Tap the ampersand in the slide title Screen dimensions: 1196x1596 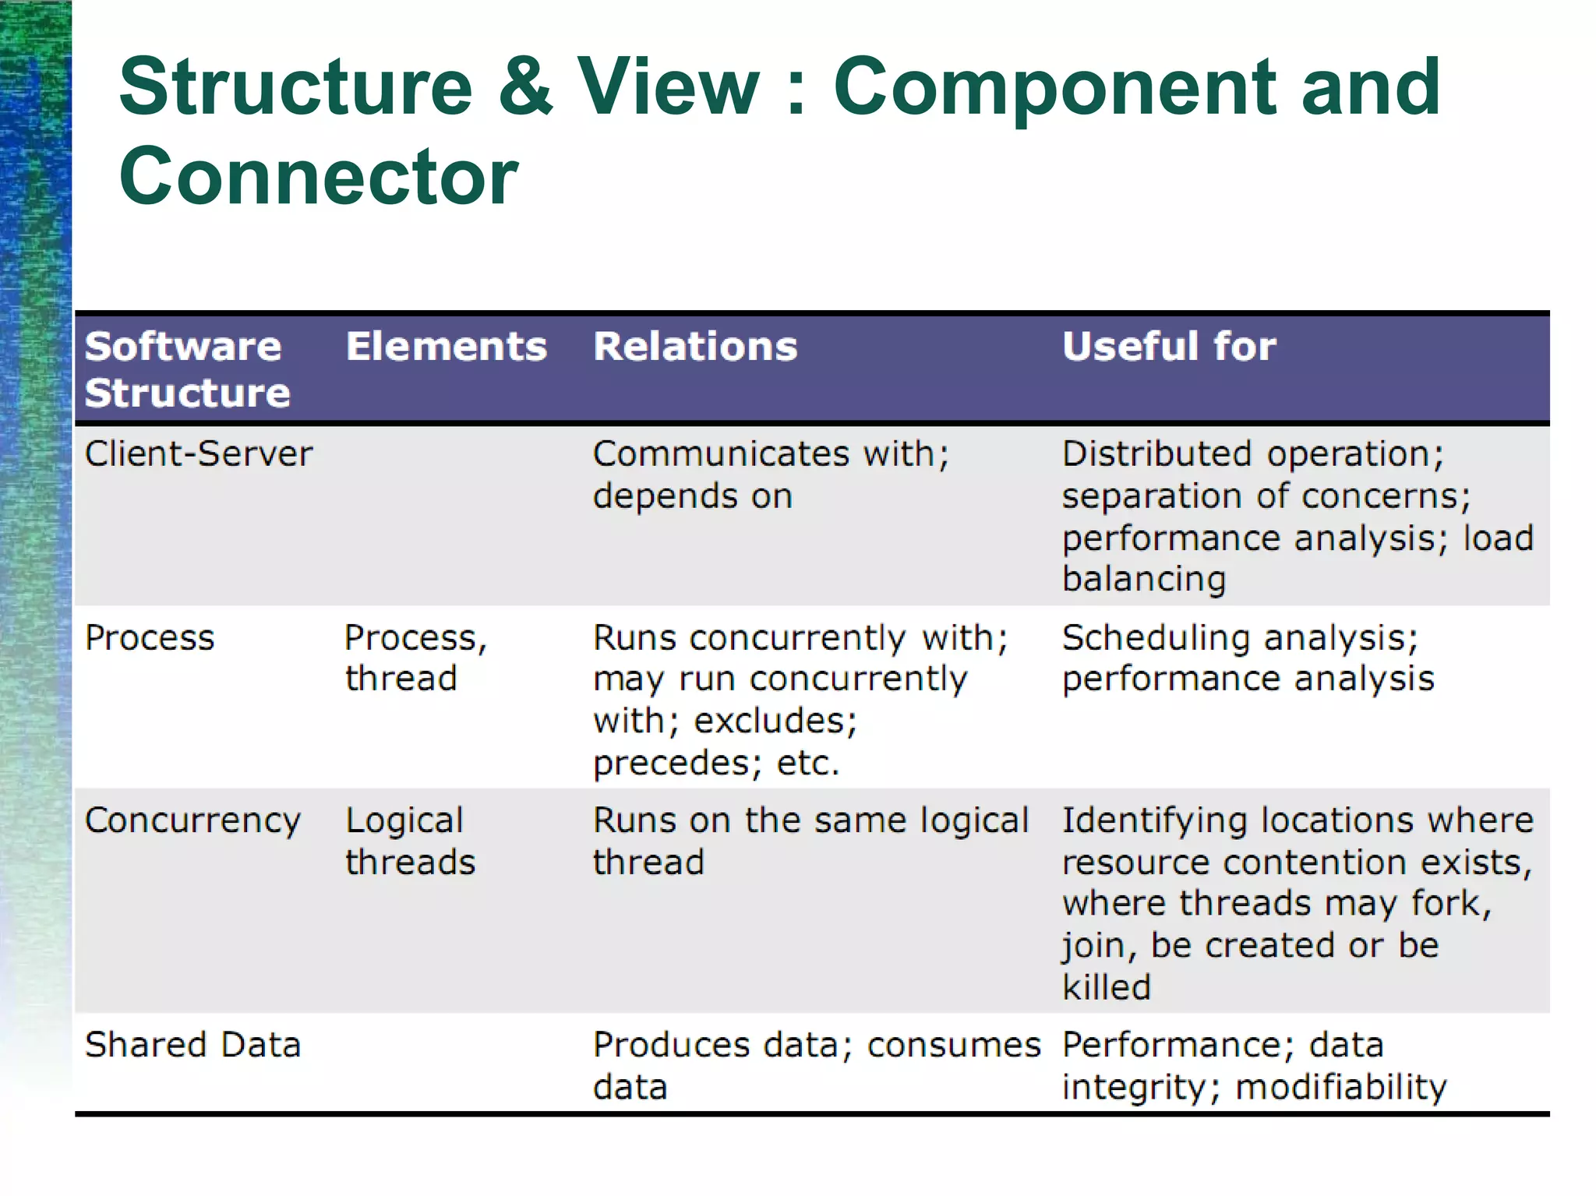click(x=524, y=86)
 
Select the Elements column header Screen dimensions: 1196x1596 click(x=446, y=346)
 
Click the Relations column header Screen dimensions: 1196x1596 click(x=695, y=346)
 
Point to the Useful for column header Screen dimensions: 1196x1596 click(x=1169, y=346)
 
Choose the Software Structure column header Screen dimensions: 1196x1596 click(x=187, y=369)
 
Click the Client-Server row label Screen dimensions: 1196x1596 click(x=199, y=453)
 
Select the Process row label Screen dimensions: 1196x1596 click(x=150, y=637)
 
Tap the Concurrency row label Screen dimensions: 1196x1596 click(x=192, y=820)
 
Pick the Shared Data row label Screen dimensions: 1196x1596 click(x=192, y=1045)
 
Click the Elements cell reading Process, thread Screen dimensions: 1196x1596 click(x=415, y=658)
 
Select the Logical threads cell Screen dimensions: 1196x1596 click(x=410, y=841)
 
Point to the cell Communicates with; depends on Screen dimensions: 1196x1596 click(x=770, y=475)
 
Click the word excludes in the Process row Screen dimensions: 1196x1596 click(x=775, y=721)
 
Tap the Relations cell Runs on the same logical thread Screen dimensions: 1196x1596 click(x=810, y=841)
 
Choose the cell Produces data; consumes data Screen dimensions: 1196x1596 click(x=816, y=1065)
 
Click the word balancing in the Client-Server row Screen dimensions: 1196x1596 click(x=1144, y=579)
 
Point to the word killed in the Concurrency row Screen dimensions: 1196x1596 click(x=1107, y=987)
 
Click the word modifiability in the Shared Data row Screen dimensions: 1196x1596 click(x=1340, y=1087)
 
